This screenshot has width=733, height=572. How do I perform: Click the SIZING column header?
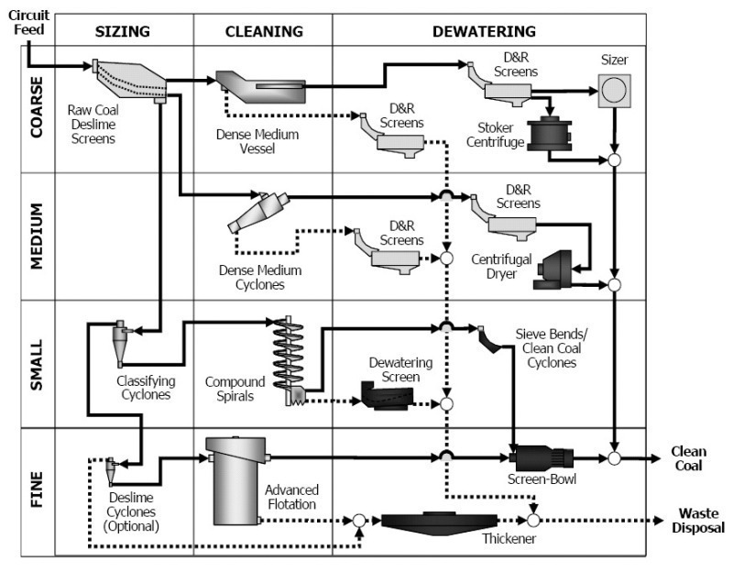click(123, 31)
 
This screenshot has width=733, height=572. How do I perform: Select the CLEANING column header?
click(264, 31)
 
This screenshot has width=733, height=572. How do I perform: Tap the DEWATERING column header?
click(484, 31)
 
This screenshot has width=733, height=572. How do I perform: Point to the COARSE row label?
click(37, 107)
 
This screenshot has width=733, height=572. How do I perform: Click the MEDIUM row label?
click(37, 236)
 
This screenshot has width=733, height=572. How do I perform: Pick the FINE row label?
click(37, 489)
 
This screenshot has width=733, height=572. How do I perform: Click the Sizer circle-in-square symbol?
click(614, 91)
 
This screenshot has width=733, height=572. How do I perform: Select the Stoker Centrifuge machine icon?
click(550, 134)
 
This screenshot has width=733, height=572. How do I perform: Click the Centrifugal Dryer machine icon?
click(553, 269)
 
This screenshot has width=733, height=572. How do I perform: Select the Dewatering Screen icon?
click(387, 396)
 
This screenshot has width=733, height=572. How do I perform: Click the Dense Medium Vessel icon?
click(260, 87)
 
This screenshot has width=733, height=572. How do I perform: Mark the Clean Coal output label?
click(689, 458)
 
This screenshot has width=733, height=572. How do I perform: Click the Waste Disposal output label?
click(698, 521)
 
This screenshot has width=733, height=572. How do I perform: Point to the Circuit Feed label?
click(29, 22)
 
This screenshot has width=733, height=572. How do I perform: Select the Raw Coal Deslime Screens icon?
click(129, 81)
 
